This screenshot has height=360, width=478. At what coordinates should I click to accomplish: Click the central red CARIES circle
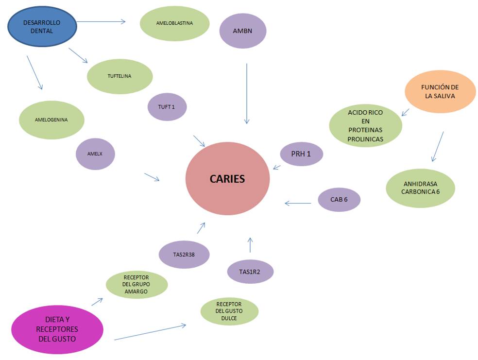coord(227,178)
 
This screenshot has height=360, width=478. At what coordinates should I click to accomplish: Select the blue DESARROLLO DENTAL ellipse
coord(43,27)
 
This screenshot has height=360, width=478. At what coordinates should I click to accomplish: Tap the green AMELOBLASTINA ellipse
coord(174,23)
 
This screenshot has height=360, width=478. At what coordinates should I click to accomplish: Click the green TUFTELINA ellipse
coord(119,76)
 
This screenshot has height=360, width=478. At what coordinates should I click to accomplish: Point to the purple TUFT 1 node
coord(167,107)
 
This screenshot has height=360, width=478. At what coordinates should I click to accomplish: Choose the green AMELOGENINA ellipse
coord(51,120)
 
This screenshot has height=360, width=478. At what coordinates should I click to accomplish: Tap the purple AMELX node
coord(95,154)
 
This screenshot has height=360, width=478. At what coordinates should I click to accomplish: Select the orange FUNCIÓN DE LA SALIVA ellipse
coord(440,92)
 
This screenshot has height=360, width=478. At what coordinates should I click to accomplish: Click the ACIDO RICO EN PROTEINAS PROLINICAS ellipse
coord(365,126)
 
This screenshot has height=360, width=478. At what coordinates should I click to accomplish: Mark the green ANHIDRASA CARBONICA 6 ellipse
coord(420,188)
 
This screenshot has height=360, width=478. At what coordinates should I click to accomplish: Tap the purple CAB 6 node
coord(339,199)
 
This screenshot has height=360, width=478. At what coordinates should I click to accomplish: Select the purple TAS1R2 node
coord(250,272)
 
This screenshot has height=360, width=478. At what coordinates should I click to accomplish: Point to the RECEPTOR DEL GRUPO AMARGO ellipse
coord(137,285)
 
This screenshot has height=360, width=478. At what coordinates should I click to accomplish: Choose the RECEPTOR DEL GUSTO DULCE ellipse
coord(229,311)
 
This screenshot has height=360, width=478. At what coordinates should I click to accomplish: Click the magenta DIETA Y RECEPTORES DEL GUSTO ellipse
coord(57,329)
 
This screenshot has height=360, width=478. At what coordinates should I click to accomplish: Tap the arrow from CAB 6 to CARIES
coord(298,203)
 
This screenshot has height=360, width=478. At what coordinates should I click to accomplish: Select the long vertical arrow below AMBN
coord(247,93)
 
